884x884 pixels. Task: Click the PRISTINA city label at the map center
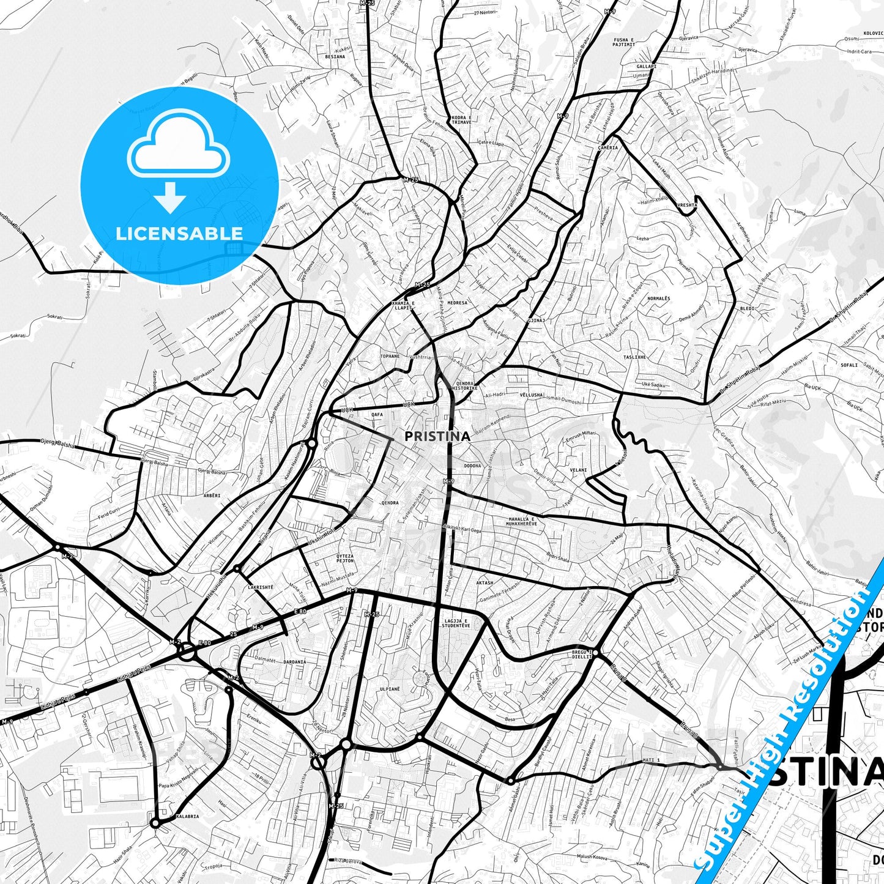pos(437,436)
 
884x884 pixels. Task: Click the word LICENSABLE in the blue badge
pos(179,233)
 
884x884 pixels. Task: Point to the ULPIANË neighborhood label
pos(390,689)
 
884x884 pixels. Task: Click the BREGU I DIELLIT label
pos(582,653)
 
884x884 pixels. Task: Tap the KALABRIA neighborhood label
pos(187,816)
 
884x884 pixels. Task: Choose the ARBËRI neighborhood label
pos(212,495)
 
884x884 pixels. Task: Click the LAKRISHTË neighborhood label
pos(261,587)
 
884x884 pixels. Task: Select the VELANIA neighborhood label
pos(578,470)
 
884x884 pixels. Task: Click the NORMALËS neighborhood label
pos(659,299)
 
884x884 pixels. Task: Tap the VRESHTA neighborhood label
pos(687,205)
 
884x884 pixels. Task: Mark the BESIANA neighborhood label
pos(335,56)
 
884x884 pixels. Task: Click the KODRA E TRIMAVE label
pos(461,119)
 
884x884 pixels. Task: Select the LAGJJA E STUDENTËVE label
pos(457,623)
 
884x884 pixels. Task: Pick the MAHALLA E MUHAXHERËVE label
pos(522,521)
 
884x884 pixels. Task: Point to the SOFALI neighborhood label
pos(849,365)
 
